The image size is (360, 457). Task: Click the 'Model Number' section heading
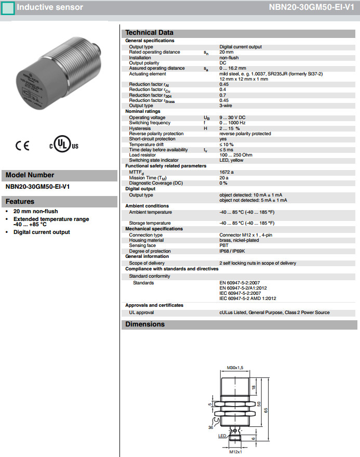click(30, 175)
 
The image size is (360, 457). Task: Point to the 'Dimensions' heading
click(145, 324)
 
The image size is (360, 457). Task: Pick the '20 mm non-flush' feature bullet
click(35, 212)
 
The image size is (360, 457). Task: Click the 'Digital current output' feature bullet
click(42, 232)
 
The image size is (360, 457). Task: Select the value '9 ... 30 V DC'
click(233, 118)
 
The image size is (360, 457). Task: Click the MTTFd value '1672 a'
click(226, 172)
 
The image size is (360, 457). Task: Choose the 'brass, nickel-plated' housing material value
click(239, 240)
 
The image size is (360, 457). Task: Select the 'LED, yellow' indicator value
click(231, 160)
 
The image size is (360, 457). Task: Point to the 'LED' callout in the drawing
click(222, 436)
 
